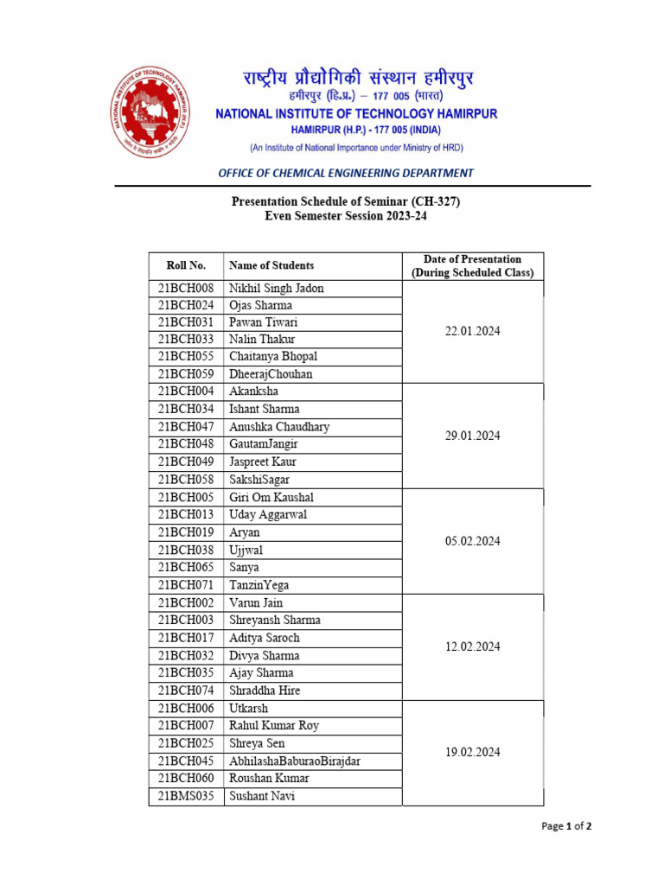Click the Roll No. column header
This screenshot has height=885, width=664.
[x=186, y=265]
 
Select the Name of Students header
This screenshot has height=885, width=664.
[x=271, y=265]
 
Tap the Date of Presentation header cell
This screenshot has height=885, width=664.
[x=472, y=265]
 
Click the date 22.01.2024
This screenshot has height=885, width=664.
[x=472, y=331]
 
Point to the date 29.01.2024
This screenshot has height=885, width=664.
[x=472, y=436]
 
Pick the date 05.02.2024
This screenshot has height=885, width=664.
[x=472, y=542]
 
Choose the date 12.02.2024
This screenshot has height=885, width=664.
[x=472, y=647]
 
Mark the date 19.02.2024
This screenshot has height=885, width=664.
[x=472, y=753]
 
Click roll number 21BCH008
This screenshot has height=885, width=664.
[x=186, y=288]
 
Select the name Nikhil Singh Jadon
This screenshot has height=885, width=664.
[x=276, y=288]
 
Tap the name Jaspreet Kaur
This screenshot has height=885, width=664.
[x=262, y=462]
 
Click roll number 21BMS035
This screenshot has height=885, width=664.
[x=186, y=796]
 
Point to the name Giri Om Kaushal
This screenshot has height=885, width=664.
[x=271, y=497]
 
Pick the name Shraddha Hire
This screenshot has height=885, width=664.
[x=265, y=691]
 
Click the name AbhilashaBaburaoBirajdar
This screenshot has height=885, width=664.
[x=295, y=761]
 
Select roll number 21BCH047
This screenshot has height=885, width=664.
[x=186, y=427]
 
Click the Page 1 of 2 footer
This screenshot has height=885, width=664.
[x=566, y=826]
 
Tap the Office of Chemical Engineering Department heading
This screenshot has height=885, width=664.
[x=346, y=173]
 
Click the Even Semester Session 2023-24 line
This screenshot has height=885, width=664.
[x=346, y=217]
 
